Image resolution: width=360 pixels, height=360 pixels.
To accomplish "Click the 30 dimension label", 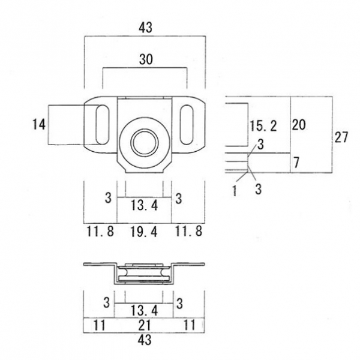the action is coord(146,59).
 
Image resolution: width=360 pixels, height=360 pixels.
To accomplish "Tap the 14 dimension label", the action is coord(39,125).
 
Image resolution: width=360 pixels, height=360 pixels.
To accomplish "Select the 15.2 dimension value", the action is coord(263,126).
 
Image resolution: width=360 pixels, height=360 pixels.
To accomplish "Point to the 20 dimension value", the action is coord(299,125).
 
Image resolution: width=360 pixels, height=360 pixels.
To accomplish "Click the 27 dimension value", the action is coord(341,137).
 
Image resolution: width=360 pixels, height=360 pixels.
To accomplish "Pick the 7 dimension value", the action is coord(296,163).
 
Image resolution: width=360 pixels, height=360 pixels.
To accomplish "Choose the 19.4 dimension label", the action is coord(144,232).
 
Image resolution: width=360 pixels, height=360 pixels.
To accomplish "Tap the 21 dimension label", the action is coord(145,325).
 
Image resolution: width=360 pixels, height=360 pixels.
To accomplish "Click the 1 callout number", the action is coord(235,191).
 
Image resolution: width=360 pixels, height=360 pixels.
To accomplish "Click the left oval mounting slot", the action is coord(103,125).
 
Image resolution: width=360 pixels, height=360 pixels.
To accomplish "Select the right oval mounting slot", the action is coord(187,125).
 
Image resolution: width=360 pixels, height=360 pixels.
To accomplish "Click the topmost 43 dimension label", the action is coord(145,28).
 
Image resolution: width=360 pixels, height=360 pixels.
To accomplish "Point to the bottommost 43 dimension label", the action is coord(145,340).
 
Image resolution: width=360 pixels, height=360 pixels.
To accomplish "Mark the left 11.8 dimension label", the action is coord(100,231).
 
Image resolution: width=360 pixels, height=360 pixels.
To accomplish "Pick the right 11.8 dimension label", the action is coord(189,231).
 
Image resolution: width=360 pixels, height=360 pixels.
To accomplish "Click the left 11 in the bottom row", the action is coord(100,325).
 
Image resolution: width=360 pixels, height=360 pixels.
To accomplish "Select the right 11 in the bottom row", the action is coord(190,325).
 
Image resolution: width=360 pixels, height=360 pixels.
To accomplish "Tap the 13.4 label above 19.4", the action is coord(145,205).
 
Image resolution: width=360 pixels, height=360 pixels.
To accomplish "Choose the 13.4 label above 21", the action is coord(145,311).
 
